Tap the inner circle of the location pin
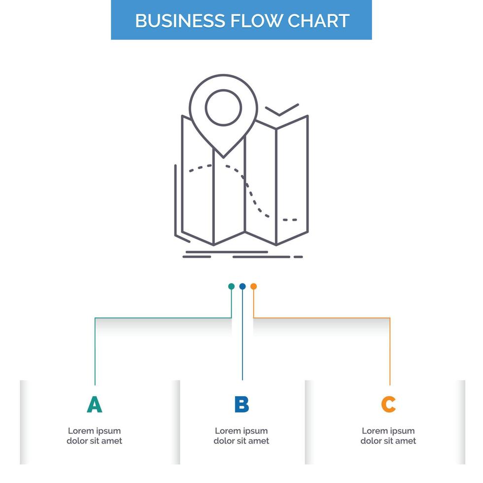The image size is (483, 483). click(x=223, y=107)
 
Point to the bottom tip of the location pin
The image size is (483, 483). click(x=223, y=157)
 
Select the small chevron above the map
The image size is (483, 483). click(x=281, y=110)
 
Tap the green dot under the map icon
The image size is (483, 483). click(x=231, y=286)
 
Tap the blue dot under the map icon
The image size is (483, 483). click(x=242, y=286)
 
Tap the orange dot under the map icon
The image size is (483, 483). click(x=253, y=286)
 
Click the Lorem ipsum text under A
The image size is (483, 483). click(x=94, y=436)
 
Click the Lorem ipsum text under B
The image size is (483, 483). click(x=241, y=436)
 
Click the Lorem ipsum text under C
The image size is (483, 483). click(x=388, y=436)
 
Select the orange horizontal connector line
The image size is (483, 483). click(x=320, y=318)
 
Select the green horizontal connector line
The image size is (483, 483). click(x=163, y=318)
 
